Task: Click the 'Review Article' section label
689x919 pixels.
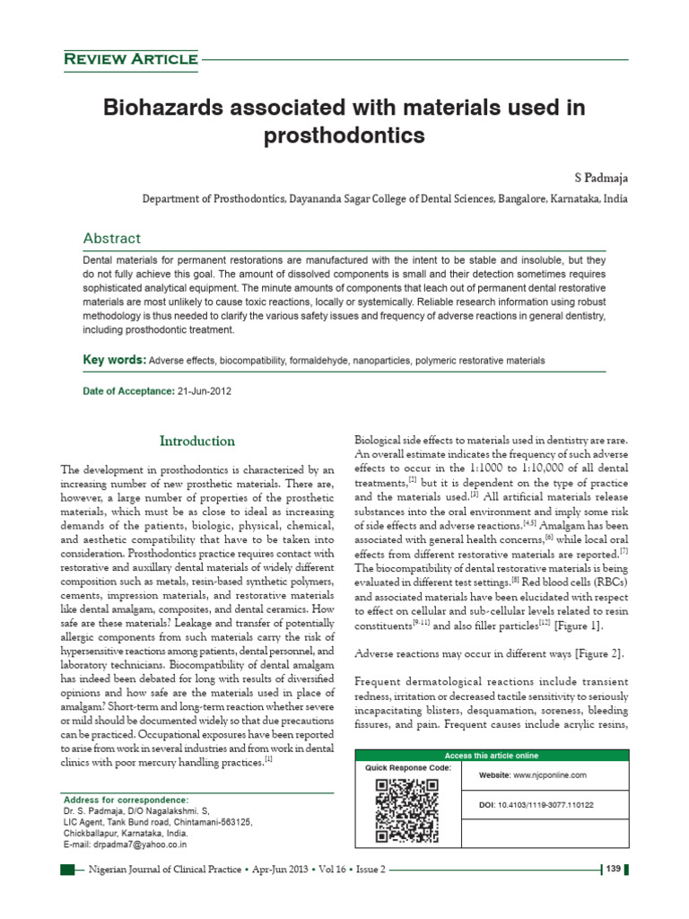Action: click(130, 59)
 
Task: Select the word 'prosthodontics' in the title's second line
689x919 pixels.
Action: click(344, 136)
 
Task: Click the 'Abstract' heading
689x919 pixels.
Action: click(111, 238)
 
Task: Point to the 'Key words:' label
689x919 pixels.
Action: click(114, 360)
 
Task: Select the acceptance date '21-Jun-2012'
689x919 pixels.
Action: click(209, 391)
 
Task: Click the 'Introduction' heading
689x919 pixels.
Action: click(197, 441)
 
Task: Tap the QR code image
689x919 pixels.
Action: click(406, 810)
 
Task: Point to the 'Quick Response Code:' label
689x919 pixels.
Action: click(408, 768)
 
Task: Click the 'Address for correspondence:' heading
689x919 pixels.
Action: click(126, 799)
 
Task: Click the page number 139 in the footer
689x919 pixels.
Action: click(614, 870)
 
